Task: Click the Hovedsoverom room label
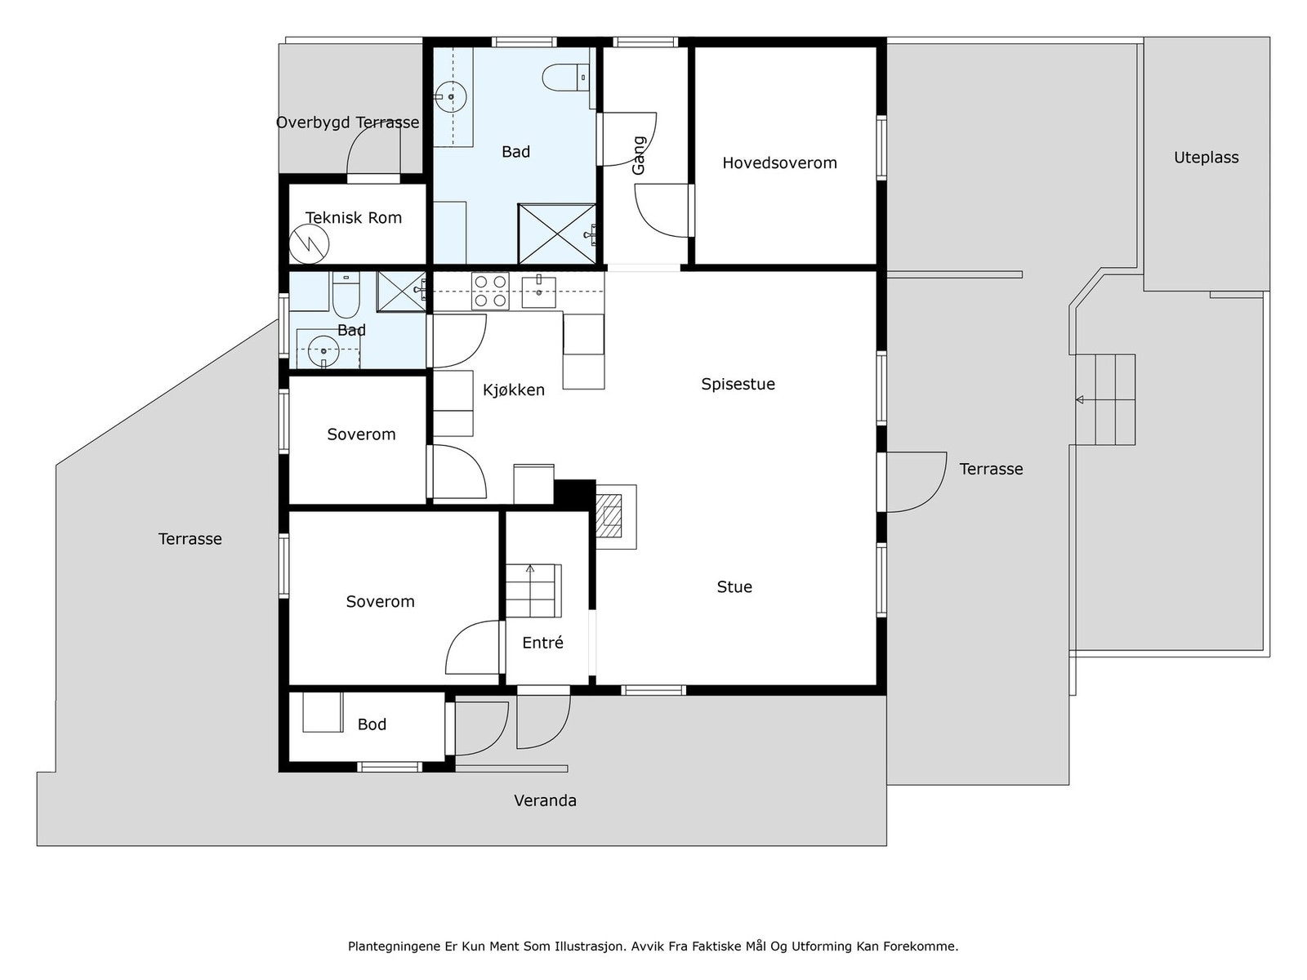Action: [x=779, y=163]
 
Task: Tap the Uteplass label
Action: [x=1206, y=157]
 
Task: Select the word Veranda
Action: [x=545, y=800]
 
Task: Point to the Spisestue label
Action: [x=738, y=384]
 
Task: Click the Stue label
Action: [x=734, y=586]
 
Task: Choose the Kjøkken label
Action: [x=513, y=390]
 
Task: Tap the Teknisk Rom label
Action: [x=354, y=218]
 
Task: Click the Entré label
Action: [x=542, y=642]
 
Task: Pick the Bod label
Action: [x=372, y=724]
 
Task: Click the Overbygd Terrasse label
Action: [x=348, y=122]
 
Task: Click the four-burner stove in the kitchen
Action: [x=490, y=291]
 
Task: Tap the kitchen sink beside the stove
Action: [x=539, y=292]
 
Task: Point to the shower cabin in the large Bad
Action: [x=557, y=234]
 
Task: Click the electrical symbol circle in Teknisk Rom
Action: [x=309, y=244]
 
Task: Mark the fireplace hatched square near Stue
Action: [x=609, y=516]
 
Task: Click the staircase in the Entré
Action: [x=533, y=590]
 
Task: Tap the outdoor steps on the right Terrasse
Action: [x=1104, y=400]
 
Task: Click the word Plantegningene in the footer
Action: [x=395, y=947]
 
